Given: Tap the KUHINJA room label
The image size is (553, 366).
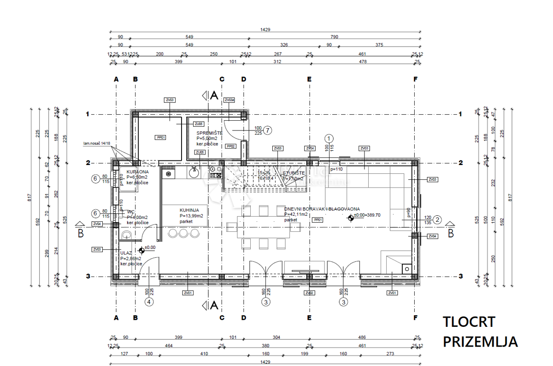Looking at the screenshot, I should click(x=189, y=210).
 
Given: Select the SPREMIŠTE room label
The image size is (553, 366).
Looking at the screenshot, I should click(x=209, y=133).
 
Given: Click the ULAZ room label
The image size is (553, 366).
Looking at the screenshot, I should click(x=126, y=253).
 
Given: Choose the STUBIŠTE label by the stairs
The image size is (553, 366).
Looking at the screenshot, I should click(x=294, y=173).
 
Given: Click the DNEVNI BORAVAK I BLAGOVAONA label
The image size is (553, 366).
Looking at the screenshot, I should click(x=322, y=209).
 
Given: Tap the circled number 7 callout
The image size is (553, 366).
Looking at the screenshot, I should click(x=268, y=130).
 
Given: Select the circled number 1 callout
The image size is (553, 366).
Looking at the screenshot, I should click(x=329, y=138).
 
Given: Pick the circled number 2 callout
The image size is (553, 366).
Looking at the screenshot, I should click(x=437, y=220).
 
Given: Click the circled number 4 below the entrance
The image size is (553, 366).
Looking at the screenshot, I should click(x=148, y=302).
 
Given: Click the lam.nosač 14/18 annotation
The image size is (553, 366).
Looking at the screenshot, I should click(x=97, y=143).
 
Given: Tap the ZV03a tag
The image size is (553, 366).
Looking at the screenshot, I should click(x=229, y=100).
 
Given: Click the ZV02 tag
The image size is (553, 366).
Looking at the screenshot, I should click(x=309, y=293).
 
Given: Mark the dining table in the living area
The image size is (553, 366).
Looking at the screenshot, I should click(x=264, y=227).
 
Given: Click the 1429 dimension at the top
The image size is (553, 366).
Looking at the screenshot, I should click(x=265, y=30).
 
